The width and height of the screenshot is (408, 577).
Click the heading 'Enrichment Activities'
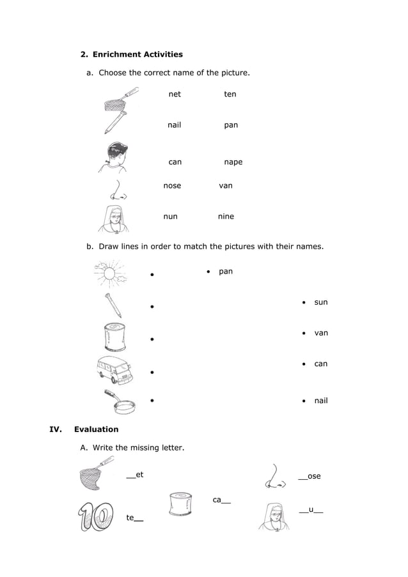tap(137, 54)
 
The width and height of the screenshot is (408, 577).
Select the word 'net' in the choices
tap(175, 94)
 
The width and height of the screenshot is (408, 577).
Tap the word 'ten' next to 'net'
tap(230, 94)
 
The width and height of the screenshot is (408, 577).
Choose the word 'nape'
tap(233, 162)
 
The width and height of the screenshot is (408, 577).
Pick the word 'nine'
tap(226, 217)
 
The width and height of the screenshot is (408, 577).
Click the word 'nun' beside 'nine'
tap(170, 217)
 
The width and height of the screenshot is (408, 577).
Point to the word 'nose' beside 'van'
tap(172, 186)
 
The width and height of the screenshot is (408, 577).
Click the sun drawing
tap(110, 273)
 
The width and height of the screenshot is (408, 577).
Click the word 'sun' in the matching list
tap(320, 302)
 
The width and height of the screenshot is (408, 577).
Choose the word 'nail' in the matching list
tap(320, 401)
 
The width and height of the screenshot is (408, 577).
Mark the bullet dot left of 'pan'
tap(208, 272)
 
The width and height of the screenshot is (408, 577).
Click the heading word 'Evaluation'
tap(96, 429)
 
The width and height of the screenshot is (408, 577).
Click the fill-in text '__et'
tap(135, 475)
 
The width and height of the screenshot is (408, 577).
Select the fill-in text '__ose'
tap(310, 477)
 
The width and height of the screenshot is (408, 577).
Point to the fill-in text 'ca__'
tap(221, 500)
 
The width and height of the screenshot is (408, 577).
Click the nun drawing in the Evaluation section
tap(275, 516)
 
